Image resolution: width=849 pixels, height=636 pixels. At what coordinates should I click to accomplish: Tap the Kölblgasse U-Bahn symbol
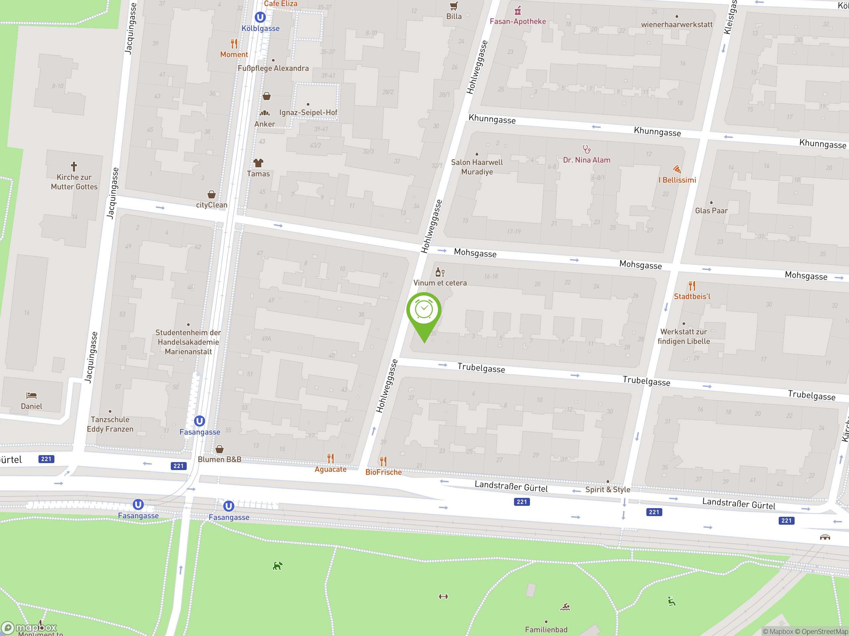[x=260, y=17]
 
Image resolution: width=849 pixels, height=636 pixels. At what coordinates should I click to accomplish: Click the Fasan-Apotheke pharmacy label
[x=517, y=22]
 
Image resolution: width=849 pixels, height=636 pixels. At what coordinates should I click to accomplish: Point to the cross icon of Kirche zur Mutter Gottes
[x=74, y=166]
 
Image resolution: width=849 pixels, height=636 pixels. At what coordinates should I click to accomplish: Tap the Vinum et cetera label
[x=440, y=283]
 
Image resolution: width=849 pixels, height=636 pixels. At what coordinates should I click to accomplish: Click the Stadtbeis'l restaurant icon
[x=691, y=286]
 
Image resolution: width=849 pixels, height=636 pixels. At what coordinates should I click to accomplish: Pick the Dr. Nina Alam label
[x=586, y=160]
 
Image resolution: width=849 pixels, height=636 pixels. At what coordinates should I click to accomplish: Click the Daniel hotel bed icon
[x=32, y=395]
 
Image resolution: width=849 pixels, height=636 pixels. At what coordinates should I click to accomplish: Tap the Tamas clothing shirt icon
[x=258, y=163]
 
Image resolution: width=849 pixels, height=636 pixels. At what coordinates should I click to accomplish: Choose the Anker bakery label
[x=264, y=124]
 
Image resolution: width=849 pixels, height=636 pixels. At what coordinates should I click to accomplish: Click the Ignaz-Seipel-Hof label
[x=308, y=113]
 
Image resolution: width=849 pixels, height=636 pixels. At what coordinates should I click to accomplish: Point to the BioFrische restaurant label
[x=383, y=472]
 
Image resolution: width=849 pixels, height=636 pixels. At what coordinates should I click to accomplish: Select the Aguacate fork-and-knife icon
[x=330, y=458]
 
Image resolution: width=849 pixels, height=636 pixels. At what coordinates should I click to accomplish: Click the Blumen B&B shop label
[x=220, y=459]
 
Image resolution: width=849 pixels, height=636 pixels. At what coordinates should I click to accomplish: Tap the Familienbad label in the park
[x=546, y=629]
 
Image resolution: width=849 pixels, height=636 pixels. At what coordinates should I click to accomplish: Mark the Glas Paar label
[x=711, y=210]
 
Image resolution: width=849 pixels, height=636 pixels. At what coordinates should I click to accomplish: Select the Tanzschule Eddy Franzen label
[x=110, y=424]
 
